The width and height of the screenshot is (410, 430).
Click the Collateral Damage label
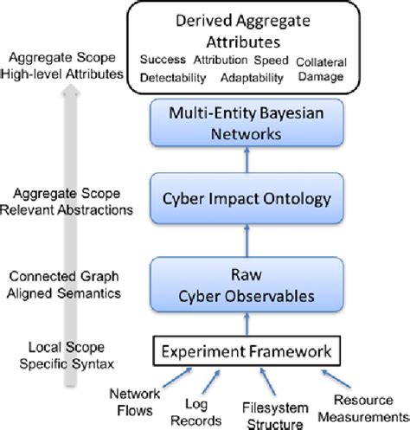[324, 70]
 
